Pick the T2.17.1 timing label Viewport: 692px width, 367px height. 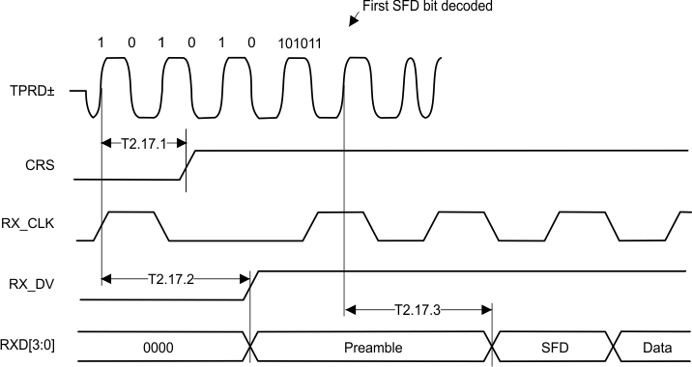tap(142, 144)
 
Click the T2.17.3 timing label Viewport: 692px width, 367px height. tap(418, 310)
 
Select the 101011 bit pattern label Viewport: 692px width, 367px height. tap(301, 43)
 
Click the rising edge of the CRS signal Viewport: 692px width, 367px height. tap(188, 164)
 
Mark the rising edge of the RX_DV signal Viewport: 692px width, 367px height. tap(250, 285)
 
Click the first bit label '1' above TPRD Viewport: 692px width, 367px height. tap(101, 43)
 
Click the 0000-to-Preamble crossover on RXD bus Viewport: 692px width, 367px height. tap(251, 345)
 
